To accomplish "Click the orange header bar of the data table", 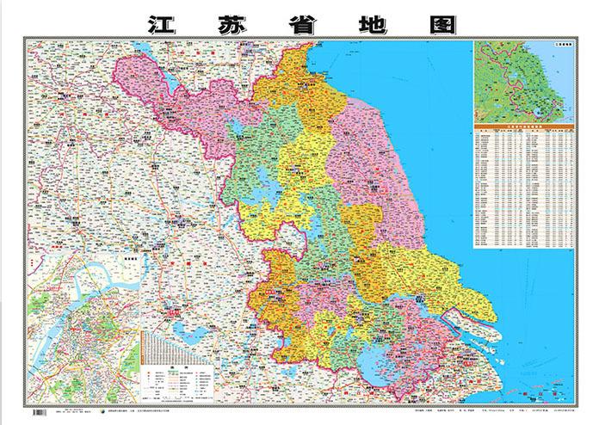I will [522, 126].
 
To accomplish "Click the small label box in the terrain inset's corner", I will [561, 43].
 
